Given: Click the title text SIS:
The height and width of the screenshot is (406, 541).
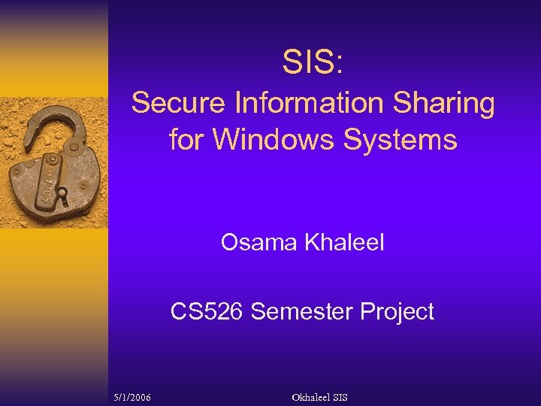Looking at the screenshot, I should click(x=313, y=62).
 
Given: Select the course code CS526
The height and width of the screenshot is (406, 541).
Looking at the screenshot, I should click(x=207, y=311).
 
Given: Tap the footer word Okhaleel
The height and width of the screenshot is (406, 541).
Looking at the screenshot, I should click(x=310, y=396).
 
